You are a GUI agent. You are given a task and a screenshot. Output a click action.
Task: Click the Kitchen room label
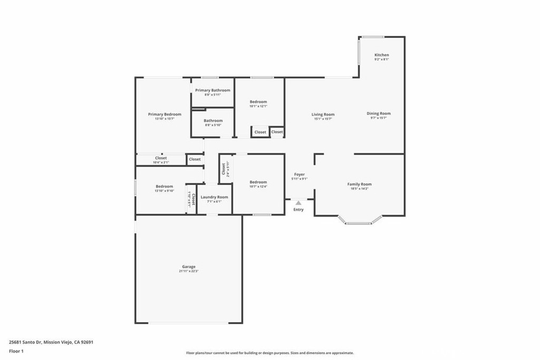[381, 55]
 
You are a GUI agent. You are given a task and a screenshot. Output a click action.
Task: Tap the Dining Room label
[378, 113]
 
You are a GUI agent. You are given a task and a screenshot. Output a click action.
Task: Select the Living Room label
[323, 114]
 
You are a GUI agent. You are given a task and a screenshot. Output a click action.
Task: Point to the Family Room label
[359, 184]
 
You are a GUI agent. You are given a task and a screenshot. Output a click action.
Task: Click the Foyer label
[299, 174]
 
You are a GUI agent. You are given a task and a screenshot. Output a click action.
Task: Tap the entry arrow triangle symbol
[298, 202]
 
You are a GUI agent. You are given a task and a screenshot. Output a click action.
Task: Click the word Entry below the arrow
[298, 210]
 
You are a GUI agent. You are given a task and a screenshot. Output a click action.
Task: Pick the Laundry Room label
[214, 197]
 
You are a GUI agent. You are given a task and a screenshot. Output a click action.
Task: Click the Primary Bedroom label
[165, 114]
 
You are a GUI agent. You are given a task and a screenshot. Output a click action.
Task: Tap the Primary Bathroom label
[213, 90]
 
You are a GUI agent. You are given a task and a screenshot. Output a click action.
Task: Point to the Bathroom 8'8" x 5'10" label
[213, 121]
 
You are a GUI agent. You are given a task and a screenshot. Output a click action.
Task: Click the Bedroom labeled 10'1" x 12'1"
[258, 102]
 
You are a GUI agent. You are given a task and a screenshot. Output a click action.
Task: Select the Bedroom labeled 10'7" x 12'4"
[258, 182]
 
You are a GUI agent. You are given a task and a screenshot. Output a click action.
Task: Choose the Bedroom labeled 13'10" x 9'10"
[164, 187]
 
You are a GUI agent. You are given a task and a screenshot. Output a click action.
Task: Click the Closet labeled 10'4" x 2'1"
[161, 158]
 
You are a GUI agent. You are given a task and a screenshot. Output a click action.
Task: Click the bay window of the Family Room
[360, 223]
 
